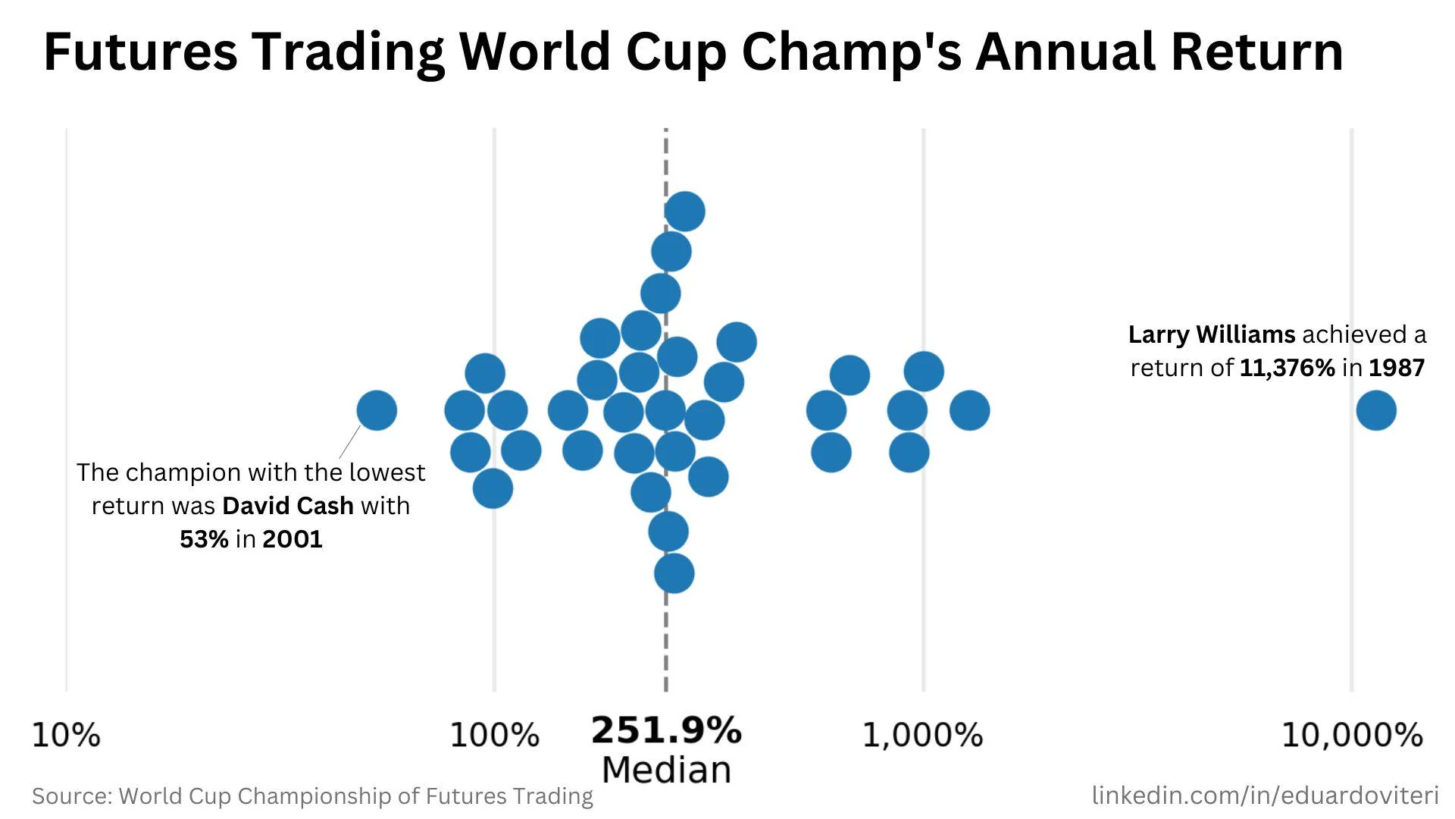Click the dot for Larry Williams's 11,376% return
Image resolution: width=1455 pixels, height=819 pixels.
(1376, 410)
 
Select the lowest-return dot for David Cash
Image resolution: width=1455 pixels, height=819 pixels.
(377, 410)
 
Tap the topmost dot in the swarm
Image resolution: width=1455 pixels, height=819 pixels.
(685, 211)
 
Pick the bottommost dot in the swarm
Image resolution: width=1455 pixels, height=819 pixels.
(674, 573)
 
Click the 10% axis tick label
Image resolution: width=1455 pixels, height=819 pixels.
(66, 735)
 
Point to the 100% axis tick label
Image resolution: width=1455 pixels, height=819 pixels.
(494, 735)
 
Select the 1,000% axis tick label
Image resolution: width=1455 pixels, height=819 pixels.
(922, 735)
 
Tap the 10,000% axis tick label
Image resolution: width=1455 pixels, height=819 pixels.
(1352, 735)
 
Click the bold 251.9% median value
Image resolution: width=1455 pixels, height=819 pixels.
(666, 730)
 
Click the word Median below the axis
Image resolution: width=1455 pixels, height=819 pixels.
(666, 770)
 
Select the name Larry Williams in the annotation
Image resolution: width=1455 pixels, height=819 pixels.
(1211, 334)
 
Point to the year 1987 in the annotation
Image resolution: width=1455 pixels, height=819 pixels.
(1397, 368)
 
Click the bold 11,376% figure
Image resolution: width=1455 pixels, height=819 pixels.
(1287, 368)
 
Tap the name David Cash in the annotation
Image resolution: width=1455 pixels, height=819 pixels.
(288, 506)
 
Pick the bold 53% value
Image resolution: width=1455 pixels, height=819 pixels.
(204, 539)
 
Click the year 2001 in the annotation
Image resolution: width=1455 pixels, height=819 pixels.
(293, 539)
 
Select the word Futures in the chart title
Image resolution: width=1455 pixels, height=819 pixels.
(140, 52)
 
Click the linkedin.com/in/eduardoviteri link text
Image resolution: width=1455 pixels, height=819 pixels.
(1265, 795)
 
